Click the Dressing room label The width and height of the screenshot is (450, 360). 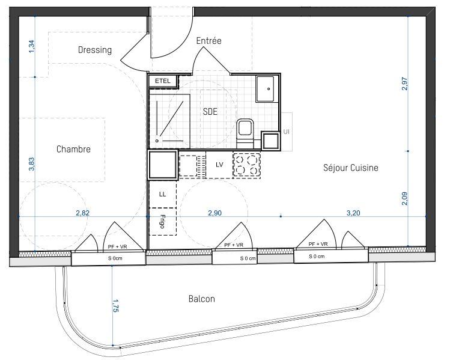click(95, 50)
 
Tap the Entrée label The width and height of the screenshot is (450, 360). click(209, 41)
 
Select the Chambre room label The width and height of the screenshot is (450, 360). click(73, 149)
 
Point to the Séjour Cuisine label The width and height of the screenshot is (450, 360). click(350, 168)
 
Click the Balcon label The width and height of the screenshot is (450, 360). click(201, 299)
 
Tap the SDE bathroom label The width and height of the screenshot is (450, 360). click(210, 112)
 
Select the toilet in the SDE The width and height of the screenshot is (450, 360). click(245, 131)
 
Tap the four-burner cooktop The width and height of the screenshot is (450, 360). click(248, 165)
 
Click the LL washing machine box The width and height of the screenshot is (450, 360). click(162, 194)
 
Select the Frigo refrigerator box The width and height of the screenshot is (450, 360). click(162, 221)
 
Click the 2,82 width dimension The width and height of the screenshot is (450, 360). click(83, 213)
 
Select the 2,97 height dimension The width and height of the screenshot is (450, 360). click(404, 84)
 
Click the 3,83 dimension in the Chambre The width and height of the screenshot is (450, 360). click(31, 163)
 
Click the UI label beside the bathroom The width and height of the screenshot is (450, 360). click(286, 131)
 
